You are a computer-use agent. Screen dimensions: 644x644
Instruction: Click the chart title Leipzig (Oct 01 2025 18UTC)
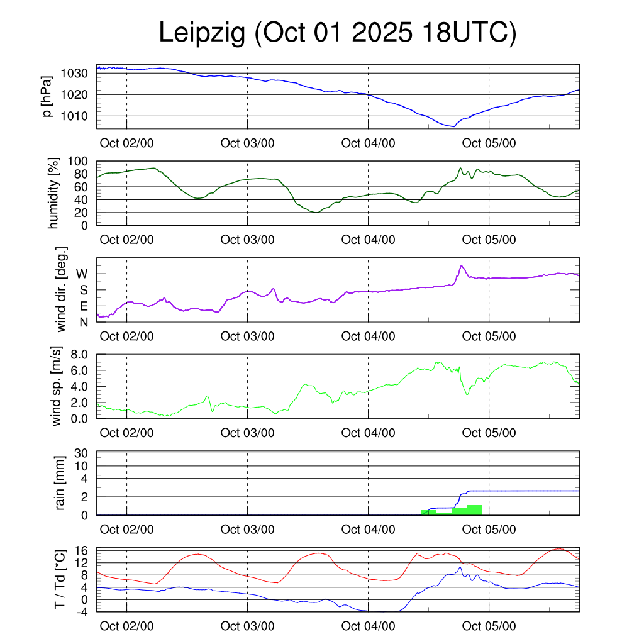pos(338,33)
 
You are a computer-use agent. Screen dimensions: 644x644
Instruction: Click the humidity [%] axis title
pos(53,193)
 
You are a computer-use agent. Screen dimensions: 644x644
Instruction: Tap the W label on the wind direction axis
pos(82,274)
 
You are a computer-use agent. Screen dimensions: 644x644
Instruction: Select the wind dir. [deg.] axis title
pos(62,290)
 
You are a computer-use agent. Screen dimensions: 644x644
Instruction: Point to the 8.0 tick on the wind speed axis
pos(78,354)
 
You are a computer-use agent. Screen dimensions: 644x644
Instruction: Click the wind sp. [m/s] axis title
pos(57,386)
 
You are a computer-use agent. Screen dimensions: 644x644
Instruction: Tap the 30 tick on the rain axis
pos(81,453)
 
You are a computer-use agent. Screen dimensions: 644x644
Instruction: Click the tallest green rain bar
pos(474,510)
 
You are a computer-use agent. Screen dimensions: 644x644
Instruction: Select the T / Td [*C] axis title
pos(60,579)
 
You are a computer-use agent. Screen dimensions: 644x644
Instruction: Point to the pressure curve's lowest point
pos(453,126)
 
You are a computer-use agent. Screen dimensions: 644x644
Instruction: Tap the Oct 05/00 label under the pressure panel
pos(489,143)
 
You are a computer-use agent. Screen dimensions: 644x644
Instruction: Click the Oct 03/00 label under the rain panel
pos(247,530)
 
